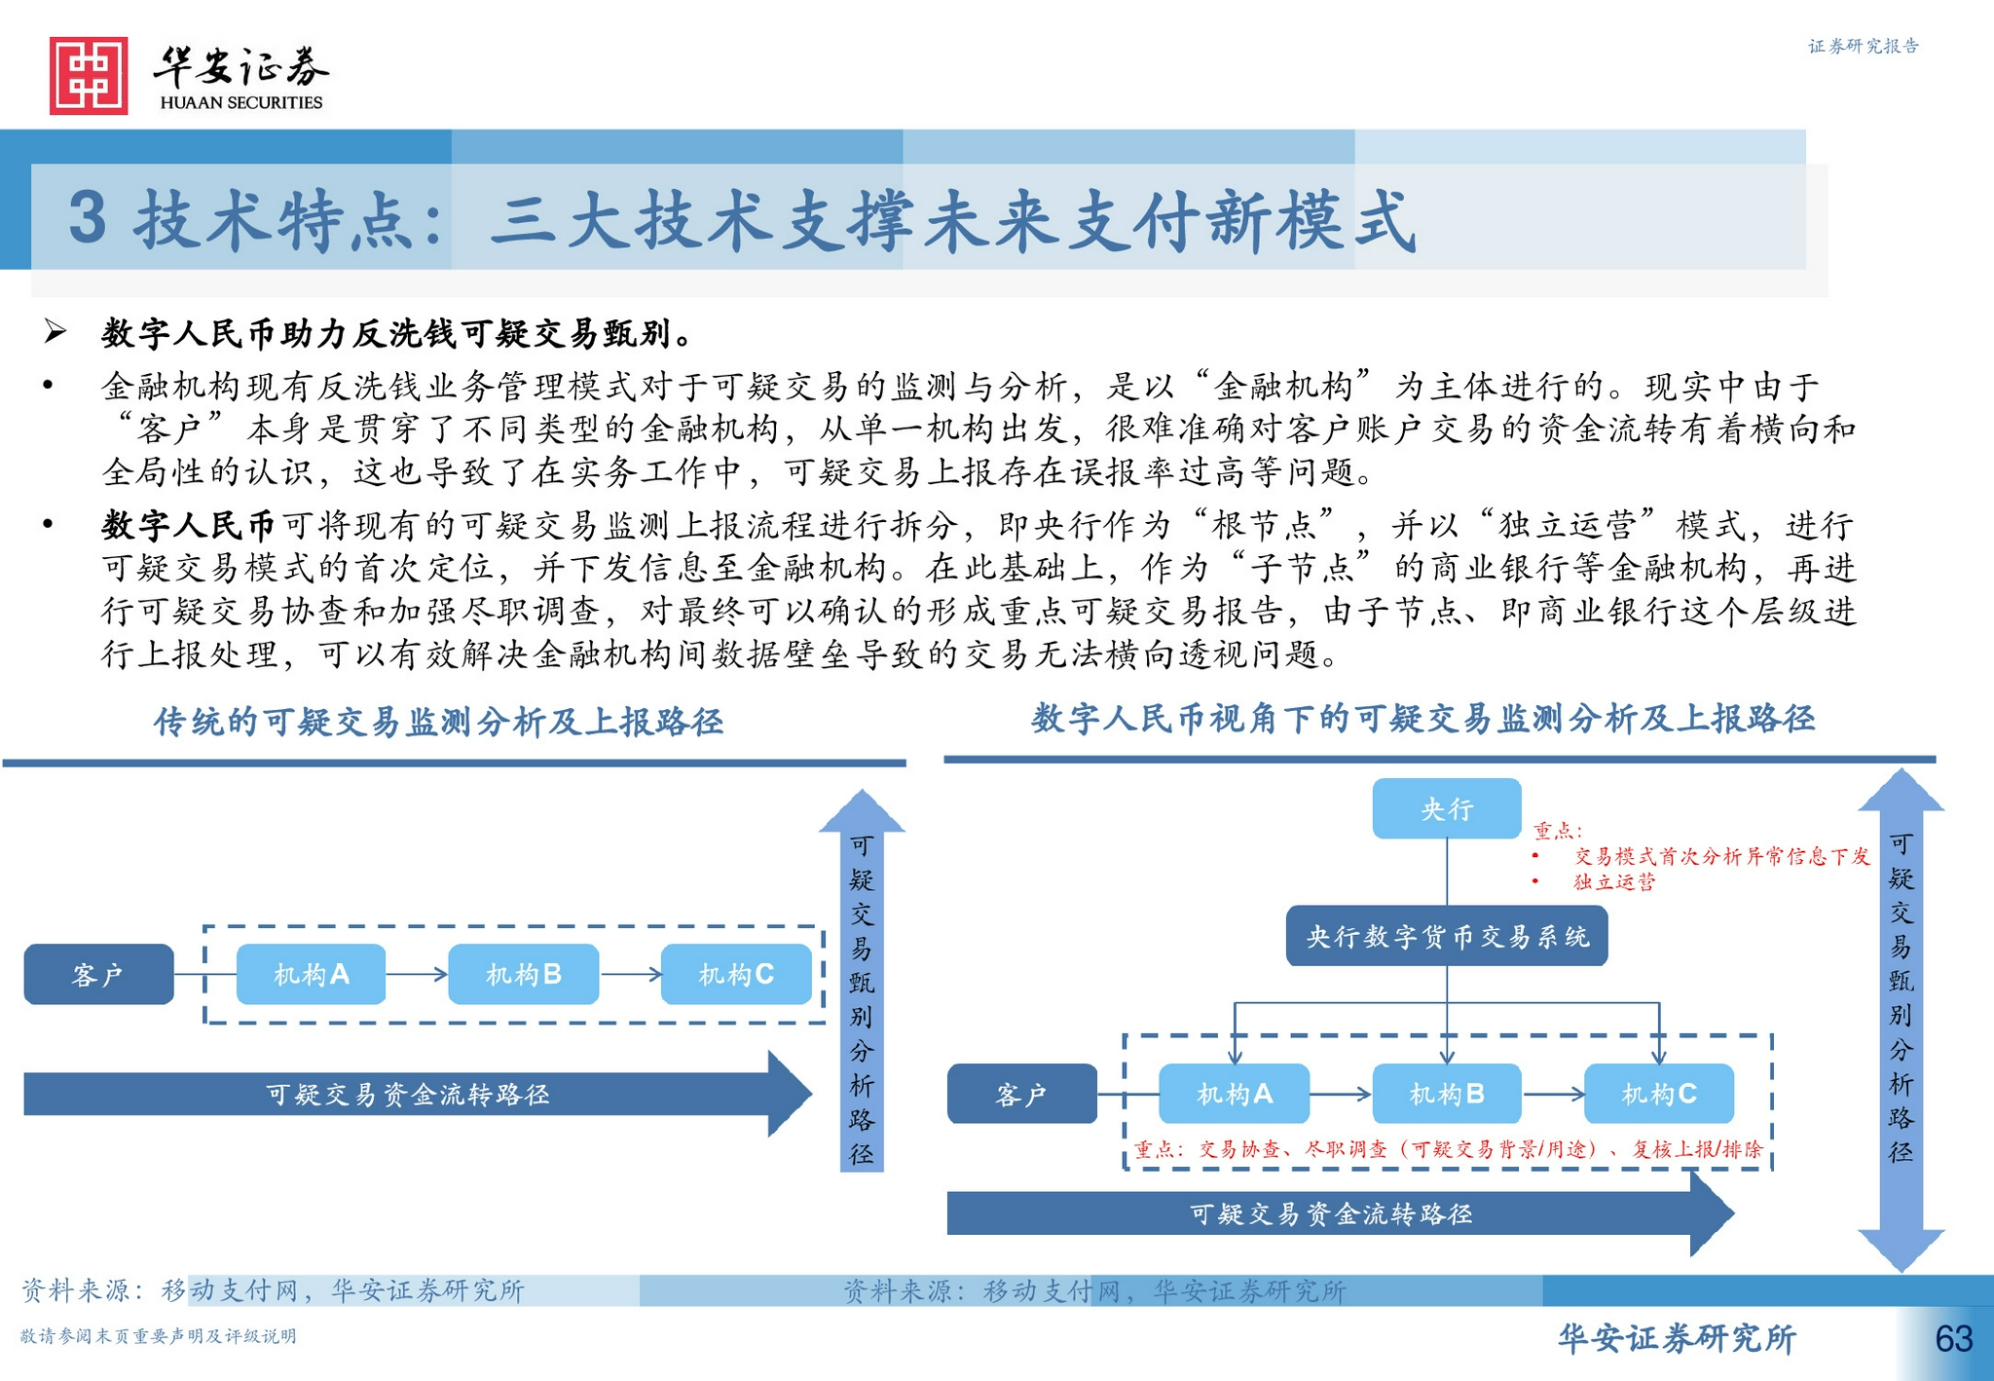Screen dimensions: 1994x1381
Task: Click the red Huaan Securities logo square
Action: pyautogui.click(x=89, y=76)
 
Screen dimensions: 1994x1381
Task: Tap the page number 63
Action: pyautogui.click(x=1953, y=1339)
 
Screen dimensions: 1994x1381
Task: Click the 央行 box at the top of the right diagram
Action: pyautogui.click(x=1446, y=808)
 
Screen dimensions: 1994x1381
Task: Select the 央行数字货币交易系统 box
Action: pyautogui.click(x=1447, y=936)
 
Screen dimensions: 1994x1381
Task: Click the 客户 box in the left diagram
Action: pyautogui.click(x=98, y=974)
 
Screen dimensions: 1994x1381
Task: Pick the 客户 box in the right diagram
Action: pyautogui.click(x=1021, y=1094)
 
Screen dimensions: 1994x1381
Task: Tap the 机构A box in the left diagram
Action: pyautogui.click(x=311, y=974)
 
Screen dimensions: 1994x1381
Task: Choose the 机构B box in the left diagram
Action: pyautogui.click(x=523, y=974)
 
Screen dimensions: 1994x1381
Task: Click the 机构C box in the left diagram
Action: pyautogui.click(x=736, y=974)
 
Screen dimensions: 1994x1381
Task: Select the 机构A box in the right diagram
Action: pyautogui.click(x=1234, y=1094)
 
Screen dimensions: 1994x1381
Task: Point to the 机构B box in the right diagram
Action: pyautogui.click(x=1446, y=1094)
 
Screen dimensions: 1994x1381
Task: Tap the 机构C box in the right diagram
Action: pyautogui.click(x=1659, y=1094)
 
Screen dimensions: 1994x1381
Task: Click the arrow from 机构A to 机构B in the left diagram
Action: pyautogui.click(x=417, y=974)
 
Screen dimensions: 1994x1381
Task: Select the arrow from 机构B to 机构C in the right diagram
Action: pyautogui.click(x=1553, y=1094)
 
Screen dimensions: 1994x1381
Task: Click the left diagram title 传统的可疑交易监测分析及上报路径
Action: pyautogui.click(x=438, y=722)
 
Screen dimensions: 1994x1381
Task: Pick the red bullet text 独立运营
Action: pyautogui.click(x=1613, y=882)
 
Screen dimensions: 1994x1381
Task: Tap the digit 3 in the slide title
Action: pyautogui.click(x=88, y=217)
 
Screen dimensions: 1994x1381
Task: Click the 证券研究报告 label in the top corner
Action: pyautogui.click(x=1863, y=46)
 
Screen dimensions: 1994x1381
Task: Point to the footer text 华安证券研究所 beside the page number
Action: pyautogui.click(x=1677, y=1339)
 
